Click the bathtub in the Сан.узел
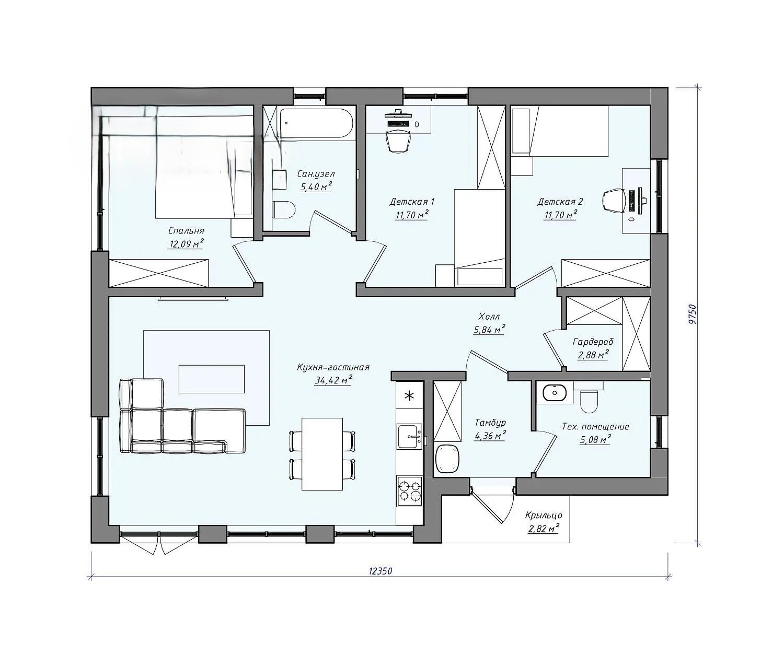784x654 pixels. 315,123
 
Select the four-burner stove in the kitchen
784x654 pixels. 410,491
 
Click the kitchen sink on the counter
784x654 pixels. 410,436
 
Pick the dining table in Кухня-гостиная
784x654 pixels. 322,454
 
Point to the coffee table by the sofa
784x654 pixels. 211,379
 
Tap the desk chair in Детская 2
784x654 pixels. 614,201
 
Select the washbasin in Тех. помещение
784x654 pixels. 555,392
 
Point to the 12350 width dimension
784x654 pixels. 381,571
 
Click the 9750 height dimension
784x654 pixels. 693,314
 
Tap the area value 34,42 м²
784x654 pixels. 333,380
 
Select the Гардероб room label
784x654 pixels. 593,342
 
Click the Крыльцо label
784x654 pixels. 544,516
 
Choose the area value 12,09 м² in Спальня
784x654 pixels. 186,244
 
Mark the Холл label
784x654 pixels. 489,317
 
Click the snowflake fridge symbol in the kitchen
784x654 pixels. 410,395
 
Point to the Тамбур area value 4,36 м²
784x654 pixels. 490,436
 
